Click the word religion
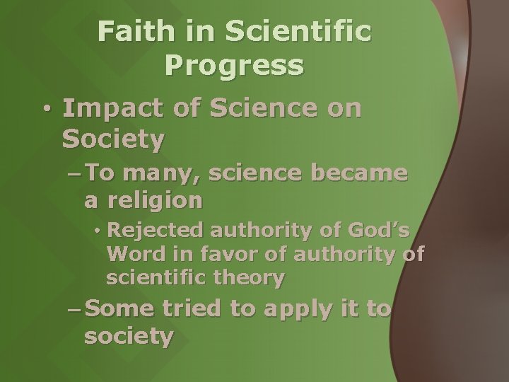[154, 202]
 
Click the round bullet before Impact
[46, 111]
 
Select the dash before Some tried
[74, 310]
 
